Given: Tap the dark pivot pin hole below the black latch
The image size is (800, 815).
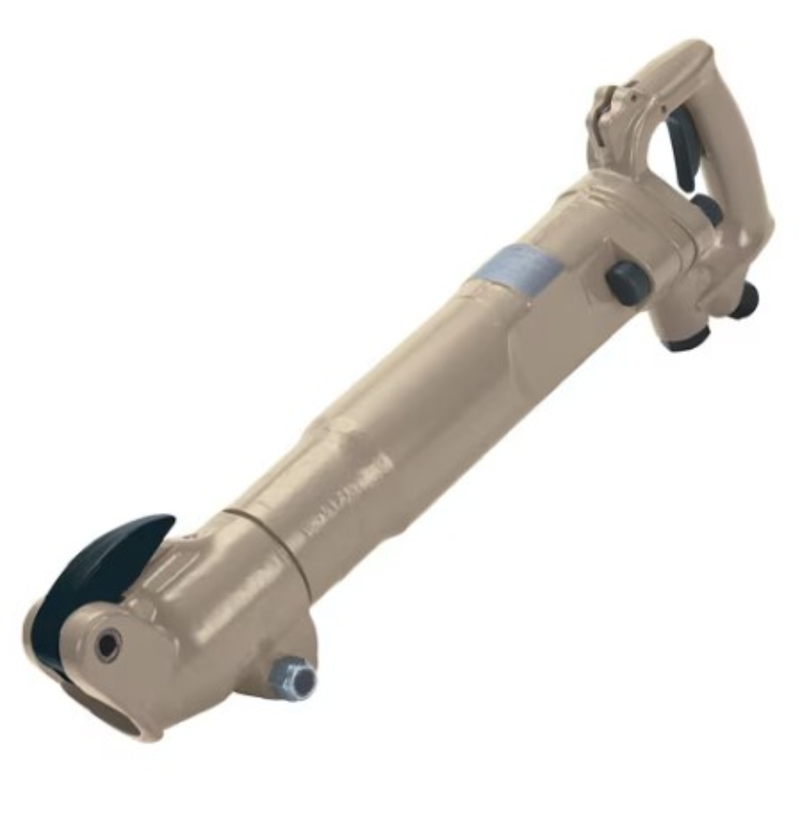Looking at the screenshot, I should coord(107,646).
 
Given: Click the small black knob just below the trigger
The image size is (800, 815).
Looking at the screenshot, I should coord(705,205).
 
